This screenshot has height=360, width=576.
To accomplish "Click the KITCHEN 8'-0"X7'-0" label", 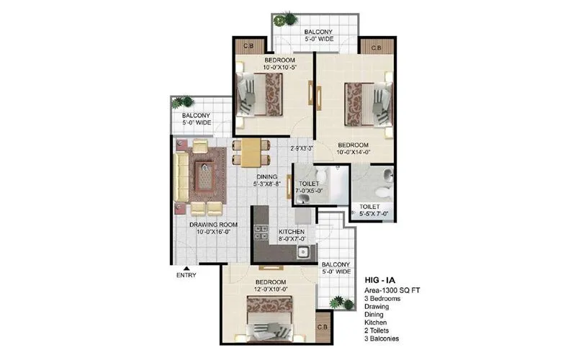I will pyautogui.click(x=292, y=235).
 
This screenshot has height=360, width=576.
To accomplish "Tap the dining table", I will pyautogui.click(x=251, y=152).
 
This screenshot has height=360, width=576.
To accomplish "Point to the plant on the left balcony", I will pyautogui.click(x=184, y=102).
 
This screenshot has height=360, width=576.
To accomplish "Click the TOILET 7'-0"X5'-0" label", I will pyautogui.click(x=310, y=188).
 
